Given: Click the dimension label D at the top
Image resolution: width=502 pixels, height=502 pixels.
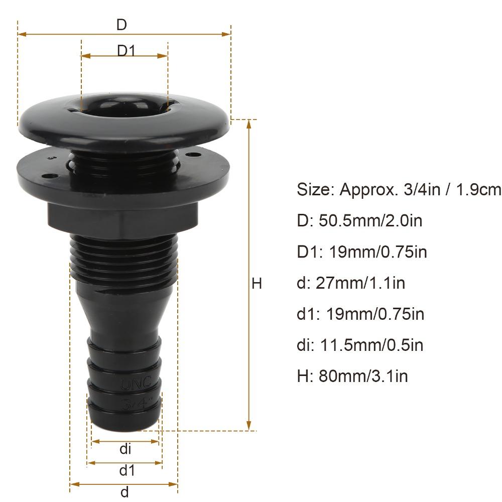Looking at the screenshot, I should tap(121, 25).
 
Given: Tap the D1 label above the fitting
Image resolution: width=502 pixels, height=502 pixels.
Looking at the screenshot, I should tap(125, 51).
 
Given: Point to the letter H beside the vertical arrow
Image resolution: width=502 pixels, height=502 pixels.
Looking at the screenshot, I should tap(257, 284).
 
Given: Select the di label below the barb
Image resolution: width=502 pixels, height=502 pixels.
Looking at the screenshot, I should tap(125, 448).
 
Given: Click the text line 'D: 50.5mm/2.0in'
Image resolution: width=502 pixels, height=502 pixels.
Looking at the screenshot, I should tap(359, 220).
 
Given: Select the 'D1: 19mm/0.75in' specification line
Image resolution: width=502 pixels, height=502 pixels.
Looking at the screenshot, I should tap(362, 252).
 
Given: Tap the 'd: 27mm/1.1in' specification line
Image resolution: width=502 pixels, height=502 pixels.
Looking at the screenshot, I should tap(351, 283).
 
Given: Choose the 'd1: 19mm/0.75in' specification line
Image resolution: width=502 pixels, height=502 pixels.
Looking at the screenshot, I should tap(360, 314).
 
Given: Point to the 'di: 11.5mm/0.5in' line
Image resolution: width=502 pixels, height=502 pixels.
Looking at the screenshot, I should tap(360, 345).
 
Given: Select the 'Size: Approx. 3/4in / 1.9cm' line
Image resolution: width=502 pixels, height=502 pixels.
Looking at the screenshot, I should tap(399, 190).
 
